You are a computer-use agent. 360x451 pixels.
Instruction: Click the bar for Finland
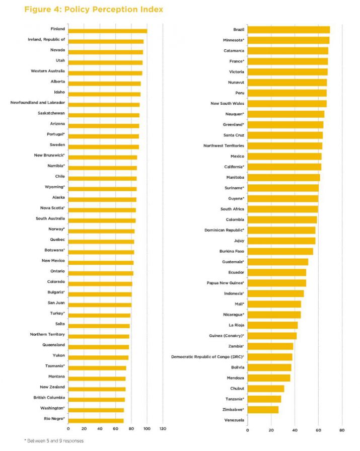(x=107, y=31)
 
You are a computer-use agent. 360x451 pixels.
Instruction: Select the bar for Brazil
(x=289, y=30)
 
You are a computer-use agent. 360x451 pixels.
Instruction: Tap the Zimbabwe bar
(x=263, y=410)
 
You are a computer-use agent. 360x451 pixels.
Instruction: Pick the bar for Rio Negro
(x=96, y=421)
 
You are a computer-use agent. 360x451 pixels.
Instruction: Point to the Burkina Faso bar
(x=280, y=251)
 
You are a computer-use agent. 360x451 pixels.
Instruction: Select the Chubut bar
(x=266, y=389)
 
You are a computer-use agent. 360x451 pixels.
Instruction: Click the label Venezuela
(x=232, y=420)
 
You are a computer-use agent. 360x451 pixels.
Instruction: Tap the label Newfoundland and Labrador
(x=38, y=103)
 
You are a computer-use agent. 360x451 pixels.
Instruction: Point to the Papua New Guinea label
(x=225, y=283)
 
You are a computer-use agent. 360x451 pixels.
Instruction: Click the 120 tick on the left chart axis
(x=163, y=429)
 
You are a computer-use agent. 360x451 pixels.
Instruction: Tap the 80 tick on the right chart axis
(x=342, y=430)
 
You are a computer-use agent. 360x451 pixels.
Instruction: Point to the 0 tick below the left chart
(x=68, y=429)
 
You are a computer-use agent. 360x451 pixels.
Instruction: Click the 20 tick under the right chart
(x=271, y=430)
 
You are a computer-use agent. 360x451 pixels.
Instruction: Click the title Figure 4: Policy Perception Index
(x=93, y=10)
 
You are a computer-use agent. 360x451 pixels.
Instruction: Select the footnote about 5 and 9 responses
(x=54, y=440)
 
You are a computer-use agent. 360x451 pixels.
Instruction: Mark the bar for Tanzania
(x=264, y=399)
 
